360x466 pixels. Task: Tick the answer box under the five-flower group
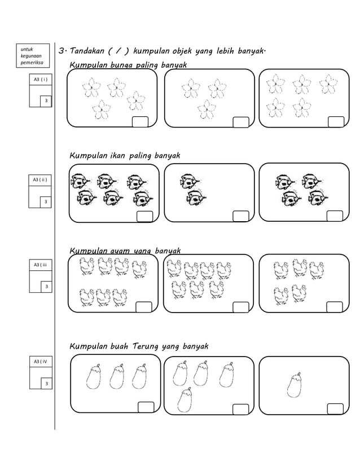click(336, 122)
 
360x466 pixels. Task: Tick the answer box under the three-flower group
click(241, 122)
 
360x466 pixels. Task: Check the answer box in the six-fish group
click(145, 217)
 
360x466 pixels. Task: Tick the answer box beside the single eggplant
click(335, 409)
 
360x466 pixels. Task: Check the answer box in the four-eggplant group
click(240, 409)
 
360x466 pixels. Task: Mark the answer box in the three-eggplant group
click(146, 407)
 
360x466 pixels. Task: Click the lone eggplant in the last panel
click(294, 385)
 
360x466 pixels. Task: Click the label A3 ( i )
click(40, 80)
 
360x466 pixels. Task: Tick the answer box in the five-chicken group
click(335, 307)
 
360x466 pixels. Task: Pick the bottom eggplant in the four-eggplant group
click(185, 399)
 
